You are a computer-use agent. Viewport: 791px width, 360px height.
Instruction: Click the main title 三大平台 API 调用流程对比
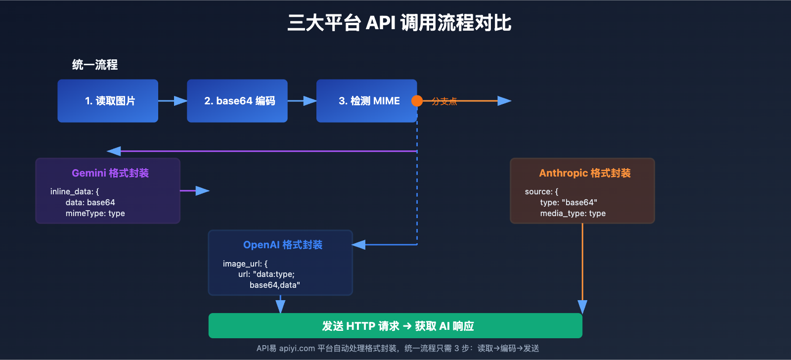pyautogui.click(x=399, y=23)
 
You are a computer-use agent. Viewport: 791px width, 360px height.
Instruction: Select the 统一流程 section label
pyautogui.click(x=94, y=65)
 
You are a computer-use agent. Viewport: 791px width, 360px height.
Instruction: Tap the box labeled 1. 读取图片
pyautogui.click(x=108, y=101)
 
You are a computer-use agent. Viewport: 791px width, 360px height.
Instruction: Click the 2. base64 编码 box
pyautogui.click(x=237, y=101)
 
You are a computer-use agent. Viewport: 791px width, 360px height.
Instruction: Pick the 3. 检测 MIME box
pyautogui.click(x=367, y=101)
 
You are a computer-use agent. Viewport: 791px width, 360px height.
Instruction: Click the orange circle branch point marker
pyautogui.click(x=417, y=101)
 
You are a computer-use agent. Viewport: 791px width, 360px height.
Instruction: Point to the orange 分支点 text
pyautogui.click(x=444, y=101)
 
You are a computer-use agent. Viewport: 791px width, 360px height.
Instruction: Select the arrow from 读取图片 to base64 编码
pyautogui.click(x=173, y=101)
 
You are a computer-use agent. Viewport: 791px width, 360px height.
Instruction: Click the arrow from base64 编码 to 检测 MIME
pyautogui.click(x=302, y=101)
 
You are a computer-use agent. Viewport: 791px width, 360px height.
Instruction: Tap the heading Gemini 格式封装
pyautogui.click(x=110, y=173)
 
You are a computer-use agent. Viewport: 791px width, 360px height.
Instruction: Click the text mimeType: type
pyautogui.click(x=95, y=214)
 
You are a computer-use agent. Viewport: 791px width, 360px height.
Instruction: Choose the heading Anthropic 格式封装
pyautogui.click(x=585, y=173)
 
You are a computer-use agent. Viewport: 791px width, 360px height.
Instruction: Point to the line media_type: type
pyautogui.click(x=572, y=214)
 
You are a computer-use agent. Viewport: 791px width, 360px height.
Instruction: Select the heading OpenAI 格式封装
pyautogui.click(x=283, y=245)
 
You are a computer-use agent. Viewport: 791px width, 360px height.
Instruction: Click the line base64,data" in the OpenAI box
pyautogui.click(x=274, y=285)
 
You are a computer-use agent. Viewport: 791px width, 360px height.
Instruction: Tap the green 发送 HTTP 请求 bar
pyautogui.click(x=395, y=326)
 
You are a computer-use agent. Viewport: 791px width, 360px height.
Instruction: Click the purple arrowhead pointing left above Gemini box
pyautogui.click(x=114, y=151)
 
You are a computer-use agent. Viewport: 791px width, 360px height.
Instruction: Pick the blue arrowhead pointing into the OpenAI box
pyautogui.click(x=358, y=245)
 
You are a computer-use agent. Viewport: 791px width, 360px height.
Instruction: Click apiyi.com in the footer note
pyautogui.click(x=297, y=349)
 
